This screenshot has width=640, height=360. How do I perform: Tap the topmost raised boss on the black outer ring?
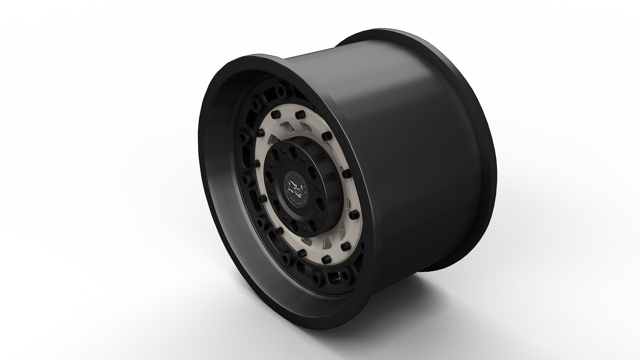279,89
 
